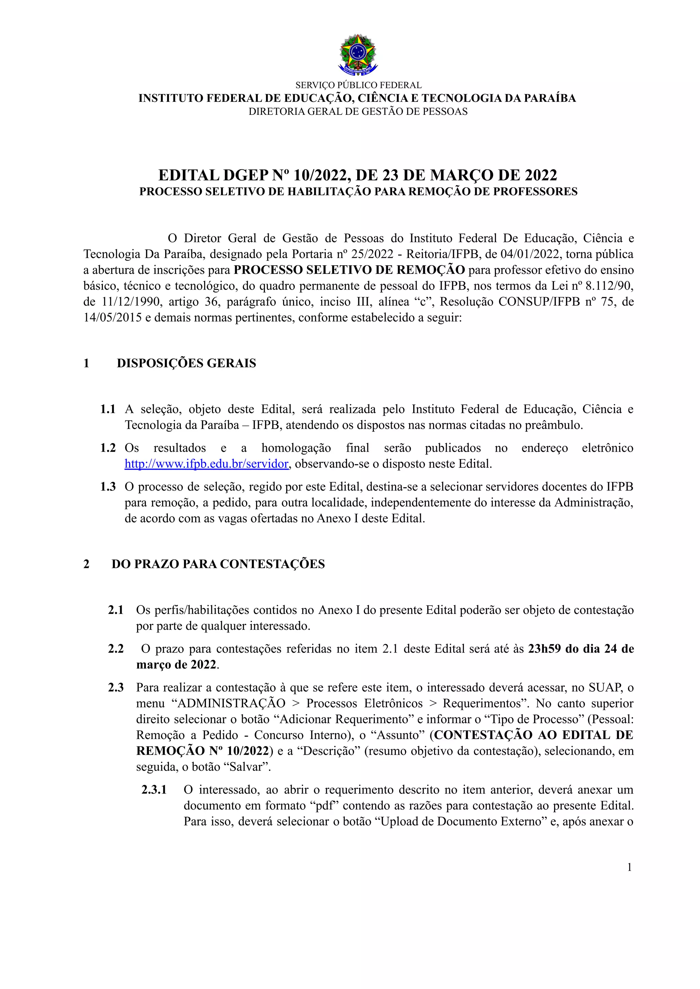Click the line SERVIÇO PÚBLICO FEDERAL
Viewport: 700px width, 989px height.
click(358, 85)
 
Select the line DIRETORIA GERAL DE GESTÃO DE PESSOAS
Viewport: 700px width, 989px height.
click(358, 112)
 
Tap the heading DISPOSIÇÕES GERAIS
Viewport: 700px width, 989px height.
click(186, 363)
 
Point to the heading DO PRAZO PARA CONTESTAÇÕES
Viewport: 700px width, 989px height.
click(218, 564)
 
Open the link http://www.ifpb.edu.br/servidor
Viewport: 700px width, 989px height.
click(206, 464)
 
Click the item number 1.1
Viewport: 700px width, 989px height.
click(108, 409)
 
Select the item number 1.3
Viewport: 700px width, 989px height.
click(108, 487)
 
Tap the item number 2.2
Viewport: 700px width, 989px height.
click(116, 649)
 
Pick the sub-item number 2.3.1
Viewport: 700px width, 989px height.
click(154, 790)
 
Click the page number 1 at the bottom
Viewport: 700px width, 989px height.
click(629, 867)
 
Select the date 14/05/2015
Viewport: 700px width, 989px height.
click(112, 318)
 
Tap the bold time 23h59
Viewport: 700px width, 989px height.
click(544, 649)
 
